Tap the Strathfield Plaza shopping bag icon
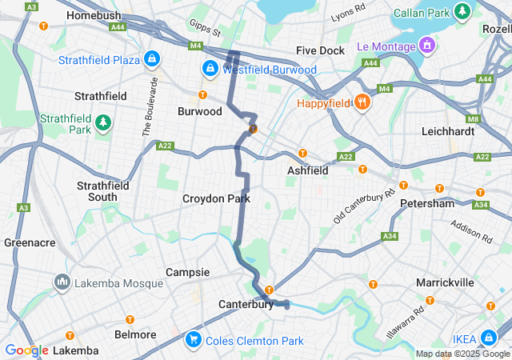point(152,59)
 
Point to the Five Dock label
point(320,50)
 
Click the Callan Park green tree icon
point(462,12)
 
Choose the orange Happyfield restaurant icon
point(362,102)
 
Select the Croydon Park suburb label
point(216,198)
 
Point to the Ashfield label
point(307,170)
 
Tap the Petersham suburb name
point(427,203)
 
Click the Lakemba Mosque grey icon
point(62,282)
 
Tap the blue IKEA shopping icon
point(497,339)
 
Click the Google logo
point(26,350)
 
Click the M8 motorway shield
point(473,120)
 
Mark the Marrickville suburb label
point(445,282)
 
